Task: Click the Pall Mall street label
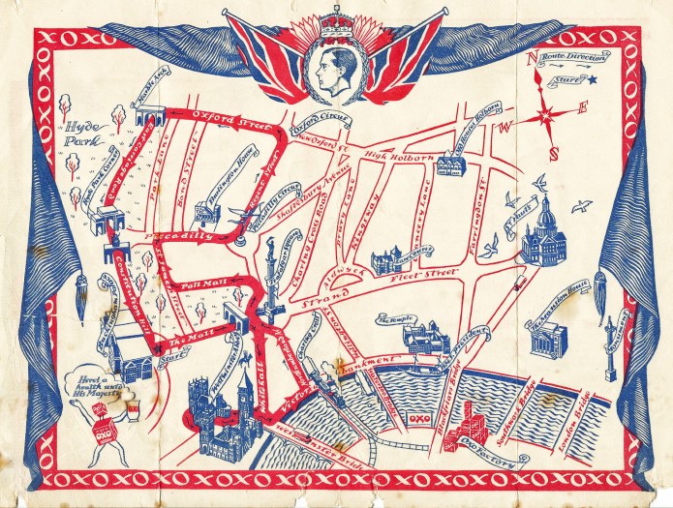(x=200, y=284)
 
